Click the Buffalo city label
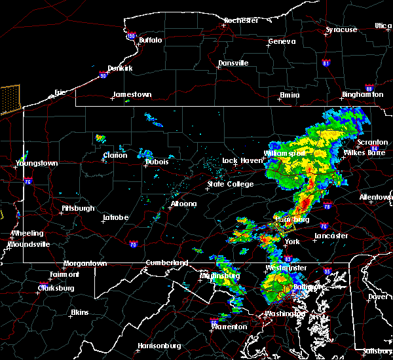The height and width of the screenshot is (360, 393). click(x=150, y=40)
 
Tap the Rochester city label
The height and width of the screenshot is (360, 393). click(x=240, y=20)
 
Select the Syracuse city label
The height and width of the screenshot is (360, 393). click(x=342, y=30)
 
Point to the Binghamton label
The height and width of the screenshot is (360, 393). click(x=367, y=95)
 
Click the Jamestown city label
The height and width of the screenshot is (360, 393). click(x=132, y=95)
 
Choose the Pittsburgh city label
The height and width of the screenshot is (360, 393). click(x=78, y=209)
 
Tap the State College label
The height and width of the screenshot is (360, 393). click(x=231, y=185)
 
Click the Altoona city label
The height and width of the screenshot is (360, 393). click(x=183, y=204)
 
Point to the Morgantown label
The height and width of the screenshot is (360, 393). click(x=84, y=264)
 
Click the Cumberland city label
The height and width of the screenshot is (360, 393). click(x=166, y=263)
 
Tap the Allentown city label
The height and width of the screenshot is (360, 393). click(x=376, y=197)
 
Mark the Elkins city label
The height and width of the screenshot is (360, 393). click(x=80, y=313)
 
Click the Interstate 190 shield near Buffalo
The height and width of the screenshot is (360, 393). click(x=131, y=37)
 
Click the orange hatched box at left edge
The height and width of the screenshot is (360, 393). click(x=10, y=99)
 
